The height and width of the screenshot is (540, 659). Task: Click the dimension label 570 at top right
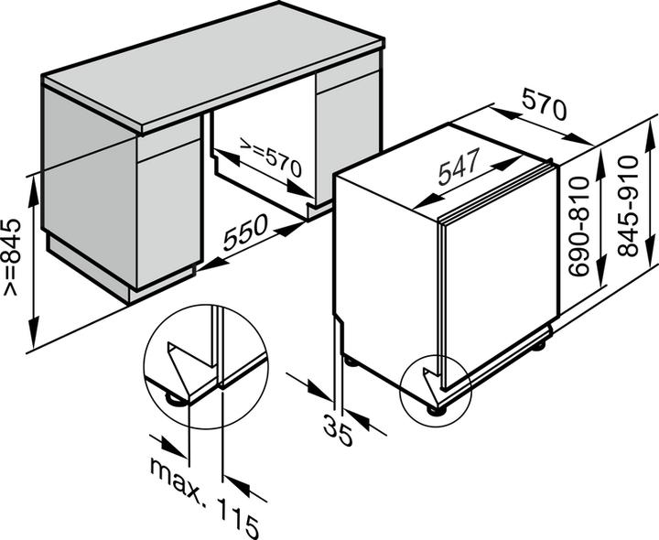pos(543,109)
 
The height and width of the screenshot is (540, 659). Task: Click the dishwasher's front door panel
pos(499,275)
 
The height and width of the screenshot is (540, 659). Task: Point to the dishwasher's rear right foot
pos(542,346)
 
